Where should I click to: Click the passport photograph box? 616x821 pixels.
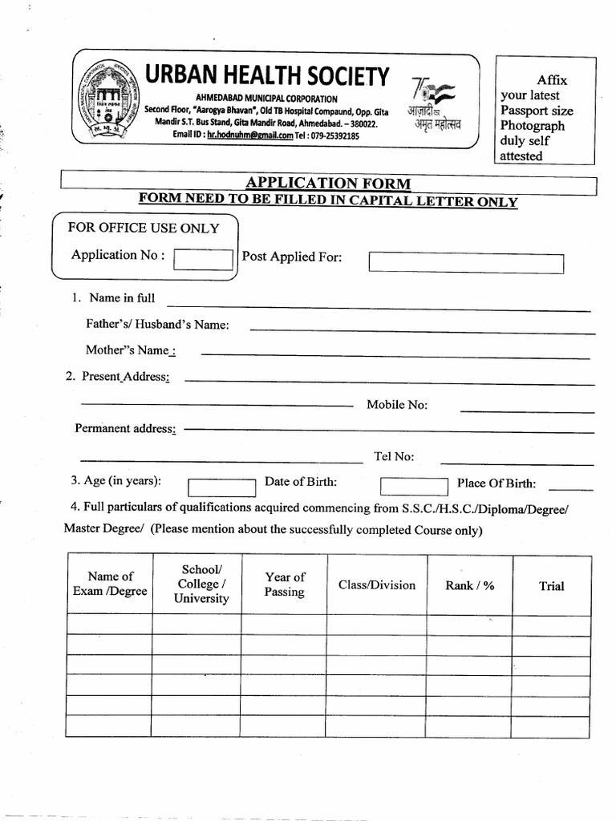(545, 110)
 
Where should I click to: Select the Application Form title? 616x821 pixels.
(329, 184)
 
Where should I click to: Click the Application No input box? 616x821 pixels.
(203, 259)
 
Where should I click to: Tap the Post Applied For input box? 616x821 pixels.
(466, 263)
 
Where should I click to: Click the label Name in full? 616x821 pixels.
(122, 298)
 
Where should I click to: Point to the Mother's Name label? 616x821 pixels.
(128, 350)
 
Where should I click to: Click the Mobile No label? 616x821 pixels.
(397, 405)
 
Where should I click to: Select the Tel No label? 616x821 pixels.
(394, 457)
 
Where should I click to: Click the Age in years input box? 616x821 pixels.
(221, 487)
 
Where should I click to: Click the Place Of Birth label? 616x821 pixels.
(496, 483)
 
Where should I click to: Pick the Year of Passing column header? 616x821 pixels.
(285, 584)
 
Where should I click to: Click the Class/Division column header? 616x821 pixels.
(377, 585)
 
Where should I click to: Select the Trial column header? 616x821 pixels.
(552, 586)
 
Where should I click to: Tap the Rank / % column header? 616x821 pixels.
(470, 585)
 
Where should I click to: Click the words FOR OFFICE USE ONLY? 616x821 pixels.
(144, 228)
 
